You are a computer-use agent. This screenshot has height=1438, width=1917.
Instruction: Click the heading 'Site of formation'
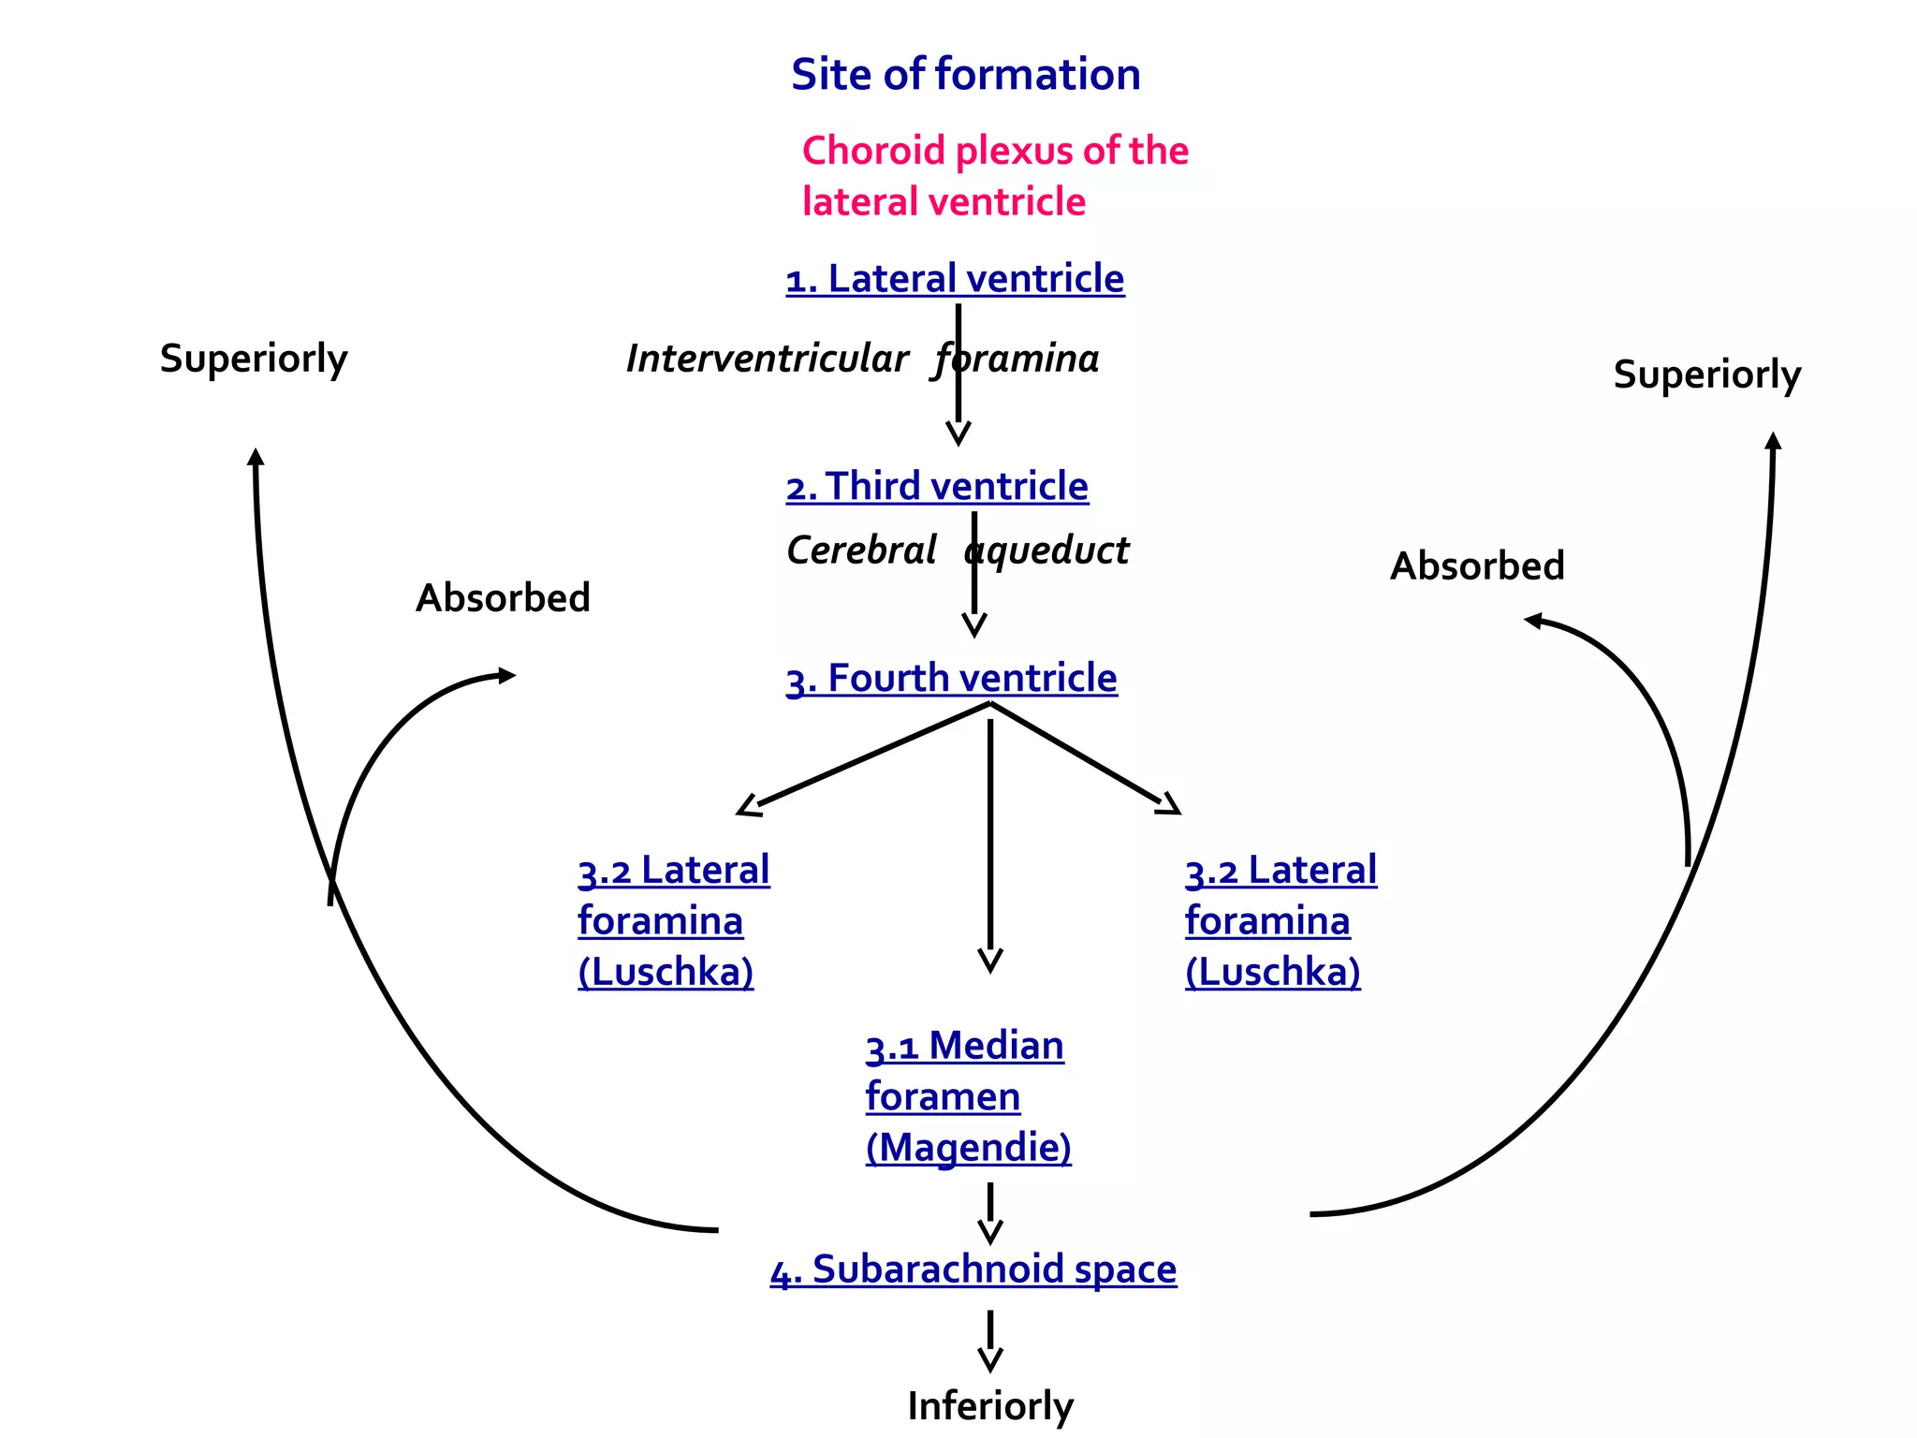pos(965,75)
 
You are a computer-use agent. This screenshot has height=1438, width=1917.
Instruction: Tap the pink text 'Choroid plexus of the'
pos(994,151)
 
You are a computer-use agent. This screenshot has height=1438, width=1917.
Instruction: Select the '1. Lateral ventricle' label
pos(955,279)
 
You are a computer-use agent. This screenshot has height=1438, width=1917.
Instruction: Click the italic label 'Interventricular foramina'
pos(861,359)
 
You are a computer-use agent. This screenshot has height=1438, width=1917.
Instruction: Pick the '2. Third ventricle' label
pos(937,487)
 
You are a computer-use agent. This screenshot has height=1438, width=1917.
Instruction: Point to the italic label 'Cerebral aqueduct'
pos(957,550)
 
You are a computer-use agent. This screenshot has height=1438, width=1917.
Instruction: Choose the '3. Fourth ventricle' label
pos(951,679)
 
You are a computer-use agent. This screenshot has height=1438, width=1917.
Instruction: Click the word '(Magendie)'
pos(968,1148)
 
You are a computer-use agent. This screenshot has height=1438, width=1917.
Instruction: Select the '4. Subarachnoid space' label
pos(973,1269)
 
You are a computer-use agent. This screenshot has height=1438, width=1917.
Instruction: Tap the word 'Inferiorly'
pos(990,1405)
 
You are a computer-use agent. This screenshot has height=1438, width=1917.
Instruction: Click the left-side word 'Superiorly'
pos(254,359)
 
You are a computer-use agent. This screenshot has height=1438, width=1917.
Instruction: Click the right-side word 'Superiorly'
pos(1706,374)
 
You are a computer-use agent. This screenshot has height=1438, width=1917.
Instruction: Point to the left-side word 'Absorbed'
pos(503,598)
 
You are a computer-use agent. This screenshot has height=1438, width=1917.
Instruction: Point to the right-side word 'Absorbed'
pos(1477,566)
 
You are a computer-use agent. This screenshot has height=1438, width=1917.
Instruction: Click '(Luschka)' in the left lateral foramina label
pos(666,972)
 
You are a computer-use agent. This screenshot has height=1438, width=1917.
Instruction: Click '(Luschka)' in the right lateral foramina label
pos(1272,972)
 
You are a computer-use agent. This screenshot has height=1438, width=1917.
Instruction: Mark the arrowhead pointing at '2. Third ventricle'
pos(958,433)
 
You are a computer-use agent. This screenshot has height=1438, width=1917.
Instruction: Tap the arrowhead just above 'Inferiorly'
pos(990,1359)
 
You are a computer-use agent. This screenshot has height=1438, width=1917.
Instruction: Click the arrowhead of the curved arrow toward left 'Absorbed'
pos(506,675)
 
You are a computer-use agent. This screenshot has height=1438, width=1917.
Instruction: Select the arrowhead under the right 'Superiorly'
pos(1773,441)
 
